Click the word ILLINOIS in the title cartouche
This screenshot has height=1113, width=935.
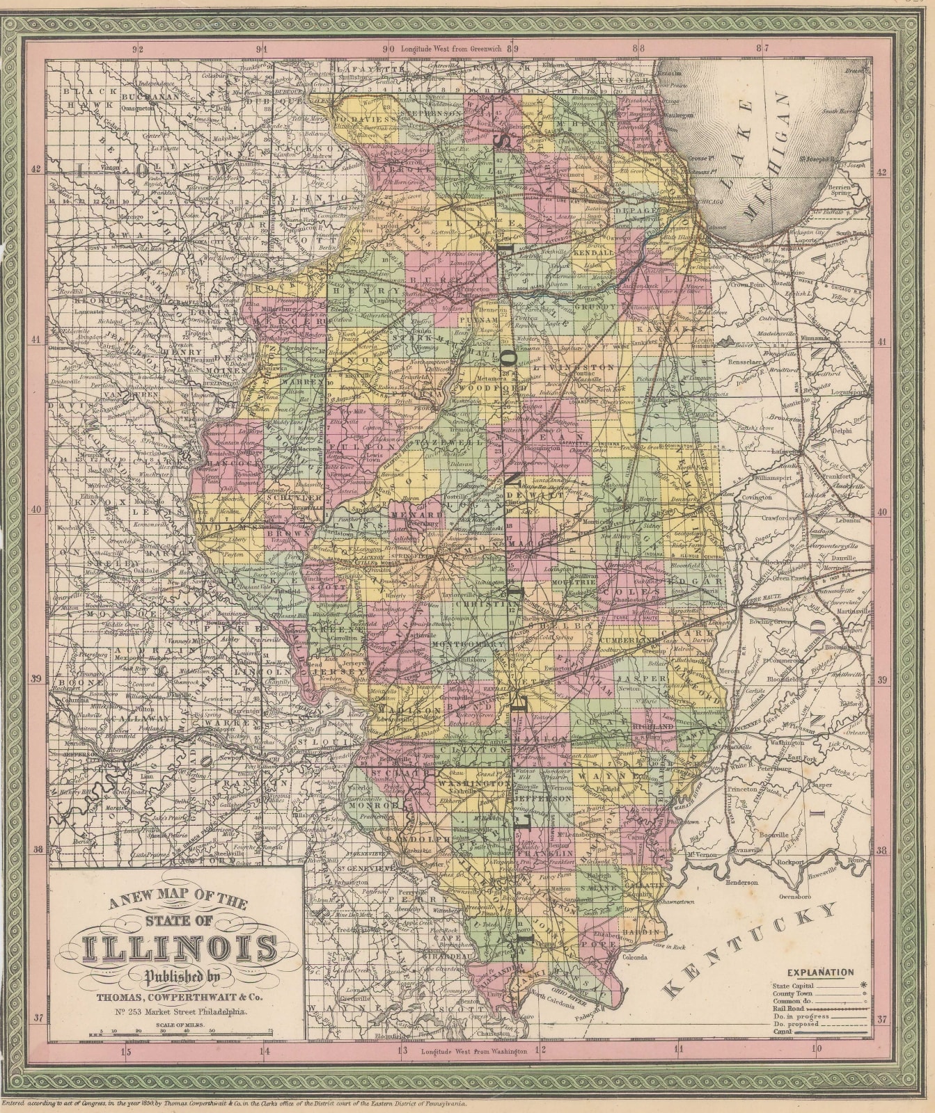[x=180, y=949]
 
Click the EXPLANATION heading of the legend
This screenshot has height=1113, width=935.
[x=820, y=972]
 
